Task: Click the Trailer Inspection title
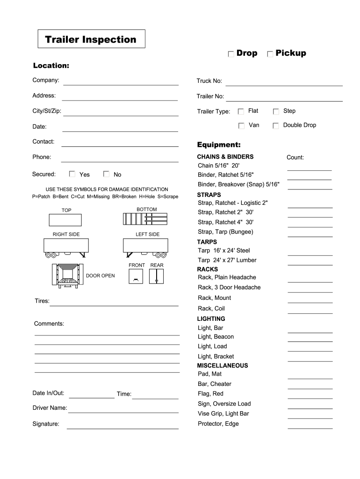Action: [91, 39]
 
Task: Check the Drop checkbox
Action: [231, 54]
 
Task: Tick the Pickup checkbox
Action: [270, 54]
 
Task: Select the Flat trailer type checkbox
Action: [241, 112]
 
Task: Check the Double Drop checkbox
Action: [276, 126]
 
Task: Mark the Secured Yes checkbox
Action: [72, 174]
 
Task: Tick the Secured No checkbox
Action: [106, 174]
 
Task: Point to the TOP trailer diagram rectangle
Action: [65, 220]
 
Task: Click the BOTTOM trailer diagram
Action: [145, 219]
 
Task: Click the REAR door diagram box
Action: [156, 276]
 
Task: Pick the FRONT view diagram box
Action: [136, 276]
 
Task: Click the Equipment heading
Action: [219, 145]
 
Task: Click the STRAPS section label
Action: [209, 195]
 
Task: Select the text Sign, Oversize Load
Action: [224, 404]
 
